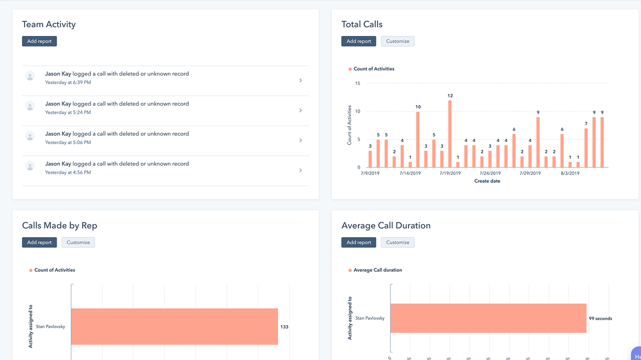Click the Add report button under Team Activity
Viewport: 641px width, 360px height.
tap(39, 41)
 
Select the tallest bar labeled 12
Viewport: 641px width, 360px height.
tap(450, 134)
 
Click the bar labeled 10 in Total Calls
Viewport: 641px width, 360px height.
tap(418, 140)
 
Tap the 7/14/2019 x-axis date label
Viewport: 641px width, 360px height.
tap(410, 173)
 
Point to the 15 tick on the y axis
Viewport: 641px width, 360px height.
tap(357, 84)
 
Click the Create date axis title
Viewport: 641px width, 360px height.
tap(487, 181)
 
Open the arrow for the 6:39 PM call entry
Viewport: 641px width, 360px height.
tap(301, 81)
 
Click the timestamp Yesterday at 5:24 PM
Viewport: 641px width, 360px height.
tap(68, 112)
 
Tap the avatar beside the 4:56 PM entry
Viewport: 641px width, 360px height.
tap(30, 167)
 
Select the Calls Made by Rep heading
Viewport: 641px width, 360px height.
tap(60, 226)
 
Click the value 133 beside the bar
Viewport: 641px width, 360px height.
tap(284, 327)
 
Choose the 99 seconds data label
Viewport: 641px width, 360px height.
tap(600, 318)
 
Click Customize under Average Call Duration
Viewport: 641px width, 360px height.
tap(398, 242)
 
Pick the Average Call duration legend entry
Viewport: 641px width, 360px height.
tap(377, 270)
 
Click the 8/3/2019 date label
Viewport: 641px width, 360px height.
tap(570, 173)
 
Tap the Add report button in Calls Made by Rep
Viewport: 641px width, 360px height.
tap(39, 242)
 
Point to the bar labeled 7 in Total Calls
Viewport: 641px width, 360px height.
tap(586, 148)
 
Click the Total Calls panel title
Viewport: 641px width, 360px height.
tap(362, 24)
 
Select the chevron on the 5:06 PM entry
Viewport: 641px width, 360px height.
tap(301, 141)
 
